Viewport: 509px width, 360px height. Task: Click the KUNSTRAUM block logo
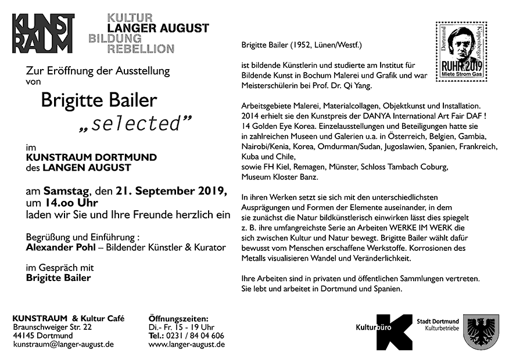click(x=43, y=34)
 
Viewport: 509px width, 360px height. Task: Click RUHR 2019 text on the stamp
click(x=462, y=66)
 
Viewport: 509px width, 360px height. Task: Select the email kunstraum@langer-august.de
click(x=63, y=344)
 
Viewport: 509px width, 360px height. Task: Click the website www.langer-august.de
click(x=187, y=344)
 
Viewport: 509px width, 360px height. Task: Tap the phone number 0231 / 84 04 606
click(x=196, y=336)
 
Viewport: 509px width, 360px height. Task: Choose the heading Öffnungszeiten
click(x=178, y=319)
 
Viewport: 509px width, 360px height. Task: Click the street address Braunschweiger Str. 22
click(x=52, y=327)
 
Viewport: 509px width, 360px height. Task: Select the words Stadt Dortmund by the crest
click(x=438, y=322)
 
